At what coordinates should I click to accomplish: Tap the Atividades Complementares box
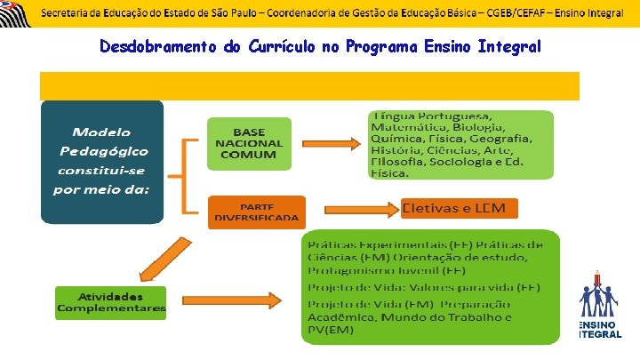111,302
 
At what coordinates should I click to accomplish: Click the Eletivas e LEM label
459,208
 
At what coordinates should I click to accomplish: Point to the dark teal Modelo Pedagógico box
102,160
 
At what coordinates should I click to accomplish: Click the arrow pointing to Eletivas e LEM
353,210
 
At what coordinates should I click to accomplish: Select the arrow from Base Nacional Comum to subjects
333,143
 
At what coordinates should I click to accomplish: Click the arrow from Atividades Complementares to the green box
231,300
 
